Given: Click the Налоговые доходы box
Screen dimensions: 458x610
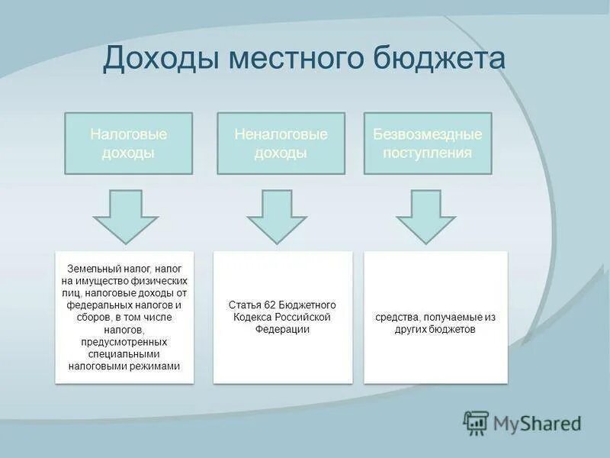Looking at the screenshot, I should [x=128, y=144].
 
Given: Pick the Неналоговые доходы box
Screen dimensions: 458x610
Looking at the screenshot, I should [x=281, y=144].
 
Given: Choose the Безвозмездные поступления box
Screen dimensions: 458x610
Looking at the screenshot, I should [x=427, y=144].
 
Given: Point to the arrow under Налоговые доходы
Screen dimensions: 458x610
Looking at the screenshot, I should [x=126, y=216].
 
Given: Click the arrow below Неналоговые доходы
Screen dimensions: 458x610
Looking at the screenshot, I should [x=276, y=216].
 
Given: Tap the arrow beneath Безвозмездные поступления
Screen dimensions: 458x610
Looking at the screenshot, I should [x=425, y=216].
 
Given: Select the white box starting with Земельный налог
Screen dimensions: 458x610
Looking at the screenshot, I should [x=124, y=317].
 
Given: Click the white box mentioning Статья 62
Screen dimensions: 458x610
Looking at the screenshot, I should [x=282, y=317].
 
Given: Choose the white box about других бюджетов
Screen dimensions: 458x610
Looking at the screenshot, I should [x=435, y=317].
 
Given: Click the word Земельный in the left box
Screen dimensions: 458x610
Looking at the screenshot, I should [x=91, y=269].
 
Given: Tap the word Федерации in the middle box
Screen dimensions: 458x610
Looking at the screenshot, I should [x=283, y=329].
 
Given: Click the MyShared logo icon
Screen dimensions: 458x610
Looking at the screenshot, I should [x=477, y=422].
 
